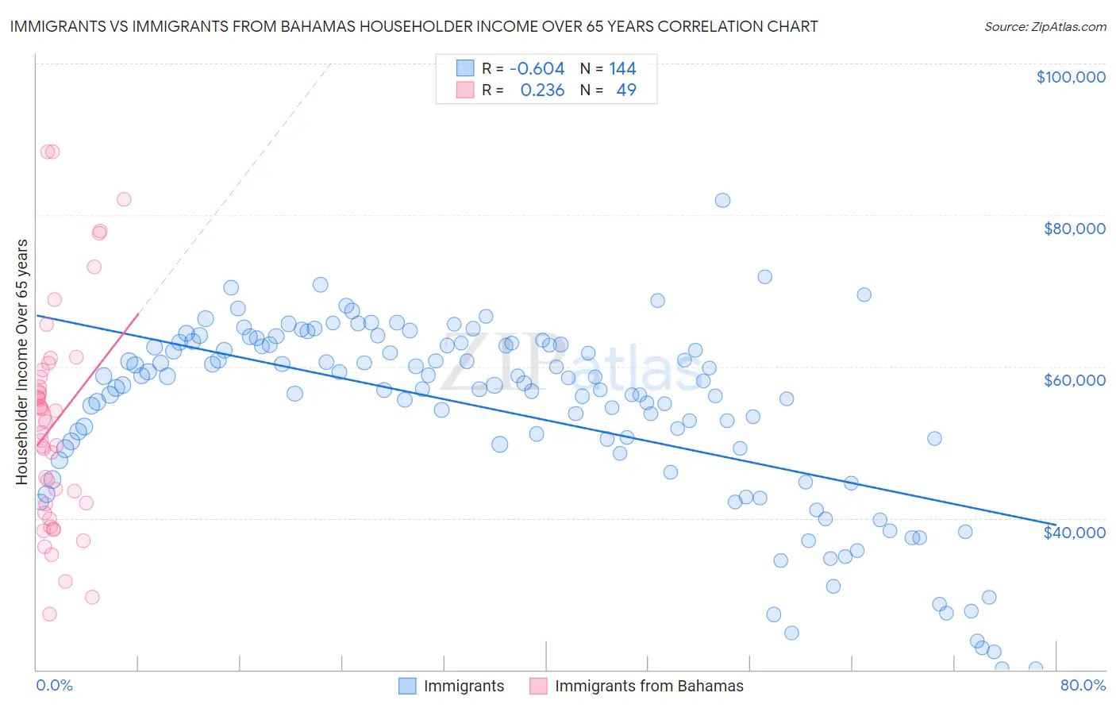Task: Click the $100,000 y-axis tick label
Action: click(x=1070, y=77)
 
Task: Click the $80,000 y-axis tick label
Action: click(x=1074, y=229)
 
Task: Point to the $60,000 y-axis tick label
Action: click(x=1074, y=380)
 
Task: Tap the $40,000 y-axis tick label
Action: click(x=1074, y=532)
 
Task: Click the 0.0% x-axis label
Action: click(x=54, y=685)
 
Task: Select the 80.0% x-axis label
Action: click(x=1083, y=685)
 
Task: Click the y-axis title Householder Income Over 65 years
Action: click(x=22, y=361)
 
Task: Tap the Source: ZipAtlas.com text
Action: click(x=1045, y=26)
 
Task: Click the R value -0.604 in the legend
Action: click(x=537, y=69)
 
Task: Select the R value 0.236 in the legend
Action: click(x=542, y=90)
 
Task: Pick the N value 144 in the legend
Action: click(x=622, y=69)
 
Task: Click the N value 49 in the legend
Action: click(x=626, y=90)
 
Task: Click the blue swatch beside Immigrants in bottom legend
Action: click(x=407, y=686)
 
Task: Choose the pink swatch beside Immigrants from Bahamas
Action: click(x=538, y=686)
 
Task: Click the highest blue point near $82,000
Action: click(x=722, y=200)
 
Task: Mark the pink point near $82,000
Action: click(x=124, y=199)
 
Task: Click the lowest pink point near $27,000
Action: click(x=49, y=614)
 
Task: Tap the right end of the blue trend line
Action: click(x=1055, y=524)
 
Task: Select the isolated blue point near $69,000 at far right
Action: click(x=864, y=294)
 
